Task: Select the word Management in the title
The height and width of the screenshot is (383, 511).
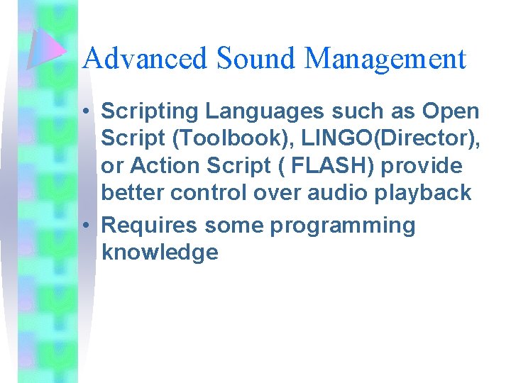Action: tap(385, 59)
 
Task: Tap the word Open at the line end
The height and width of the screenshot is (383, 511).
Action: tap(451, 112)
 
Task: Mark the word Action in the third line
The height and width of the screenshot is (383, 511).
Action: tap(163, 166)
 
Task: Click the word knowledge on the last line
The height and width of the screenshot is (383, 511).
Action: tap(160, 252)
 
